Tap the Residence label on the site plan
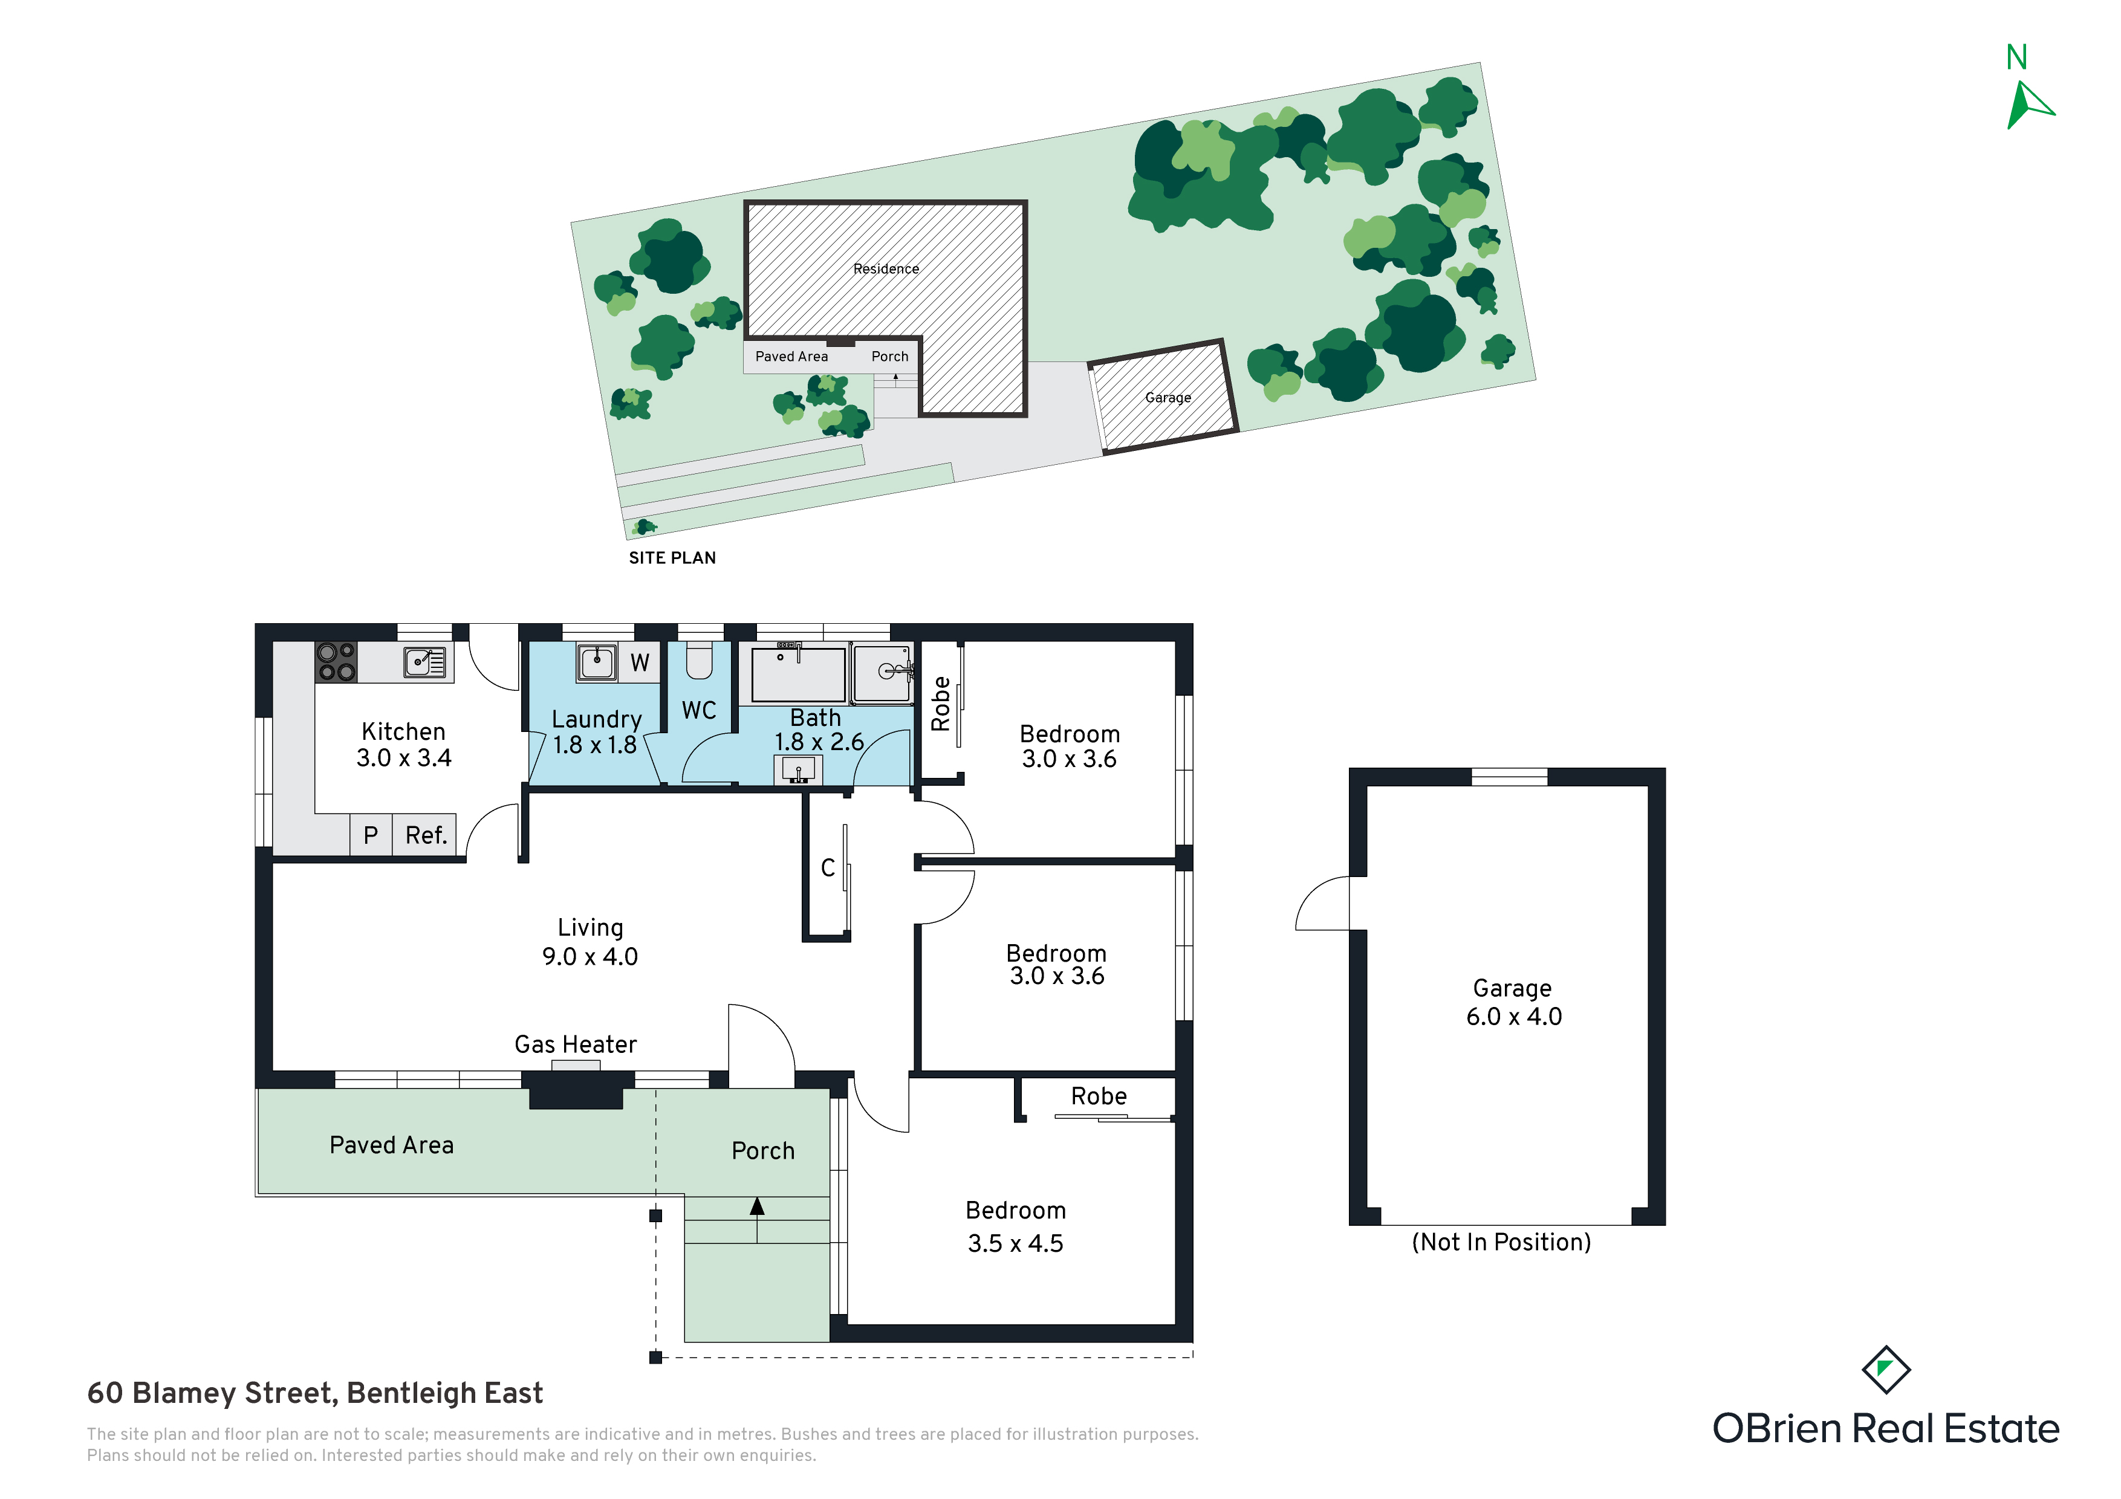886,269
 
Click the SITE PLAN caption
672,558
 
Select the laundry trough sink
597,661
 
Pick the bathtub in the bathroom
799,674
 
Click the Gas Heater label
576,1044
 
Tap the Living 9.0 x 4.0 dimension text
590,957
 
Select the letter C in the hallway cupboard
828,868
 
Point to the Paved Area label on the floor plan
392,1145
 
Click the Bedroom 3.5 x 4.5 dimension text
1015,1243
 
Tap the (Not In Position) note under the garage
1501,1242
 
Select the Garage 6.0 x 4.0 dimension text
1514,1017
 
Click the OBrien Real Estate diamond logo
1885,1370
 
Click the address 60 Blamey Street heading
315,1393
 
